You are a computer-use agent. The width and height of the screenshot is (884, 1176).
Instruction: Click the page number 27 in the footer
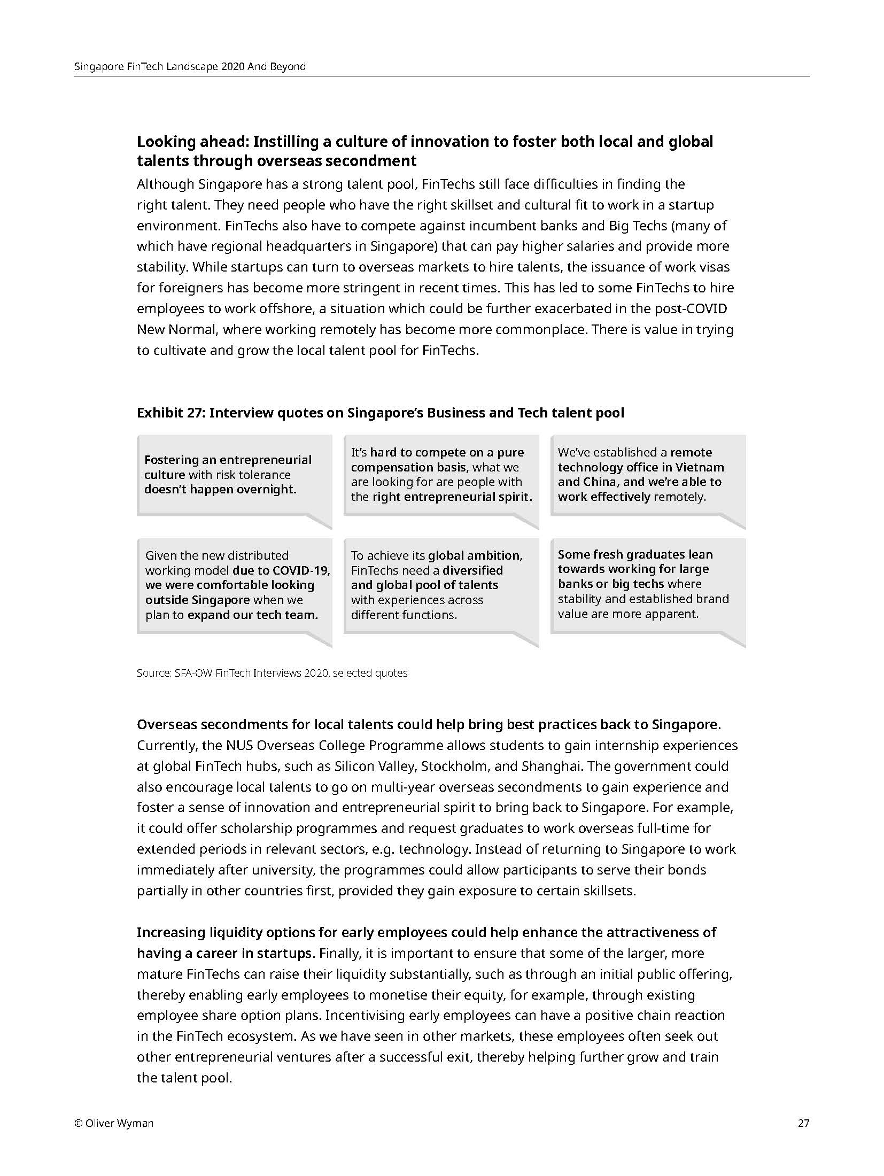pyautogui.click(x=803, y=1123)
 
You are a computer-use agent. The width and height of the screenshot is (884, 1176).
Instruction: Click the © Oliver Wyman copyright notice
pyautogui.click(x=113, y=1123)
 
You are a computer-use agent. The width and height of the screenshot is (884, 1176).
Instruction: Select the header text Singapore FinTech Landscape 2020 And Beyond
pyautogui.click(x=190, y=67)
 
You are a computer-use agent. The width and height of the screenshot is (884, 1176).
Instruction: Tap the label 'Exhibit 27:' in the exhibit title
pyautogui.click(x=170, y=413)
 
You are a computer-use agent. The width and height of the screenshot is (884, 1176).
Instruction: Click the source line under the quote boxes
pyautogui.click(x=272, y=674)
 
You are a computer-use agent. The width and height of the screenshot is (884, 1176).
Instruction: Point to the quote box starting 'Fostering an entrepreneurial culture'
pyautogui.click(x=234, y=475)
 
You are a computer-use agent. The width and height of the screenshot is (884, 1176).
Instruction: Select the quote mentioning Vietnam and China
pyautogui.click(x=647, y=475)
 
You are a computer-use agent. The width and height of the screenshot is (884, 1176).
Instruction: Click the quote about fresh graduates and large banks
pyautogui.click(x=647, y=584)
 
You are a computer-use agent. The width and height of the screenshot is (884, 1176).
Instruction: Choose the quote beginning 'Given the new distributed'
pyautogui.click(x=234, y=585)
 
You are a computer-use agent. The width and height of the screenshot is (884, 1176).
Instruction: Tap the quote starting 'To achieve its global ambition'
pyautogui.click(x=440, y=585)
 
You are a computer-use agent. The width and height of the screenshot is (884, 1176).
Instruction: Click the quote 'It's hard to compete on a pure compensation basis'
pyautogui.click(x=440, y=475)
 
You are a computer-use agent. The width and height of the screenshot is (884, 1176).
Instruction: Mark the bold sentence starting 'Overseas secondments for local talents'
pyautogui.click(x=428, y=725)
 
